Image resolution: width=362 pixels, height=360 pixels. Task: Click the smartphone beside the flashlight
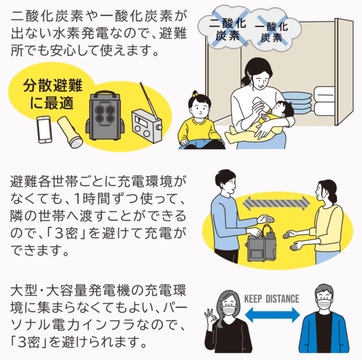pos(45,129)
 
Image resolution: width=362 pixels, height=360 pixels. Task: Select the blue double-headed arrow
pos(272,314)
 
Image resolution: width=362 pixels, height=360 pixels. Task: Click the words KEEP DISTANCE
pos(272,298)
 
